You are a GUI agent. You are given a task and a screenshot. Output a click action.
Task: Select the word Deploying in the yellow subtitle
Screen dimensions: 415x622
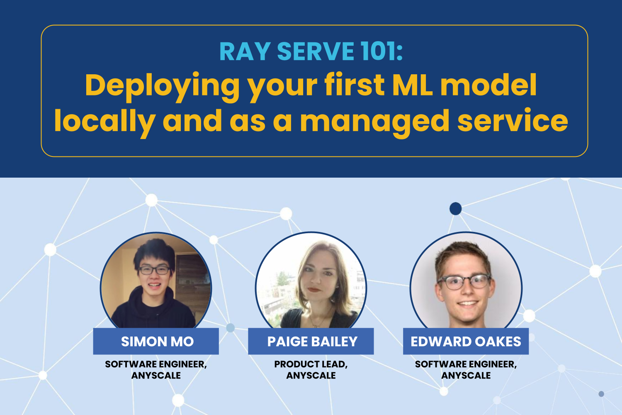click(x=162, y=85)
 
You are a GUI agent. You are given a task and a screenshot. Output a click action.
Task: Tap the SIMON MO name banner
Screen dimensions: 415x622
click(x=156, y=341)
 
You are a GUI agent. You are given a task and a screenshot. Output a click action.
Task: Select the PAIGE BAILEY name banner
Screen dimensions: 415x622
click(x=311, y=341)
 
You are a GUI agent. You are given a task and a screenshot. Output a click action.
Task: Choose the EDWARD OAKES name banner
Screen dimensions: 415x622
click(x=466, y=341)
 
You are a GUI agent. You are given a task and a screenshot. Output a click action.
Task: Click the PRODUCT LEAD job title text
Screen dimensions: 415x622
click(x=311, y=364)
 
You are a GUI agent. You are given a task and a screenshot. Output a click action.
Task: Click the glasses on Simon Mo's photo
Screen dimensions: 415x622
click(x=154, y=270)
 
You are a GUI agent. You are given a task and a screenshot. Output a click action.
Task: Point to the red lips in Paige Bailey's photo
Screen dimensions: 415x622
click(x=314, y=290)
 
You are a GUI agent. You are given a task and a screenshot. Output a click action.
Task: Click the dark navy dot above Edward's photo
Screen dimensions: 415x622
click(x=455, y=208)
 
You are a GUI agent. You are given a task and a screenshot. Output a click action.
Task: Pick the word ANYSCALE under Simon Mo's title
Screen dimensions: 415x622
click(x=156, y=376)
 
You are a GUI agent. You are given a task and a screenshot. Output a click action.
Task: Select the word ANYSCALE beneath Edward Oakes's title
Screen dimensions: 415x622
click(x=466, y=376)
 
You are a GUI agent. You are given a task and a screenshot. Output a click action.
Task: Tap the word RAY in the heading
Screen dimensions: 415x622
click(x=245, y=51)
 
